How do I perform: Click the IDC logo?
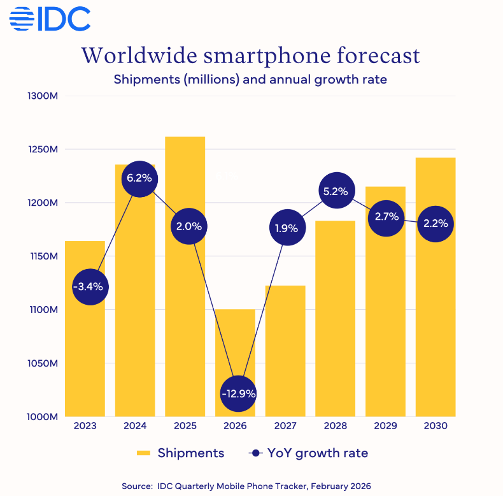coord(50,19)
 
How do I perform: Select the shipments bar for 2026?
coord(235,344)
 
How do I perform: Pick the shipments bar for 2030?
coord(436,319)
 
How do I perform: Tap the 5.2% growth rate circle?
coord(335,191)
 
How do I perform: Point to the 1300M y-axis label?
coord(43,96)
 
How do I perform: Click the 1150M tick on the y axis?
coord(43,256)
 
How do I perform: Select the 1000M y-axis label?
coord(43,417)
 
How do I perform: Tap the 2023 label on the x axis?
coord(85,426)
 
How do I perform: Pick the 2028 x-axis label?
coord(335,426)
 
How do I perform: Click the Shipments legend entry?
coord(181,453)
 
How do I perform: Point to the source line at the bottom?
coord(251,485)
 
